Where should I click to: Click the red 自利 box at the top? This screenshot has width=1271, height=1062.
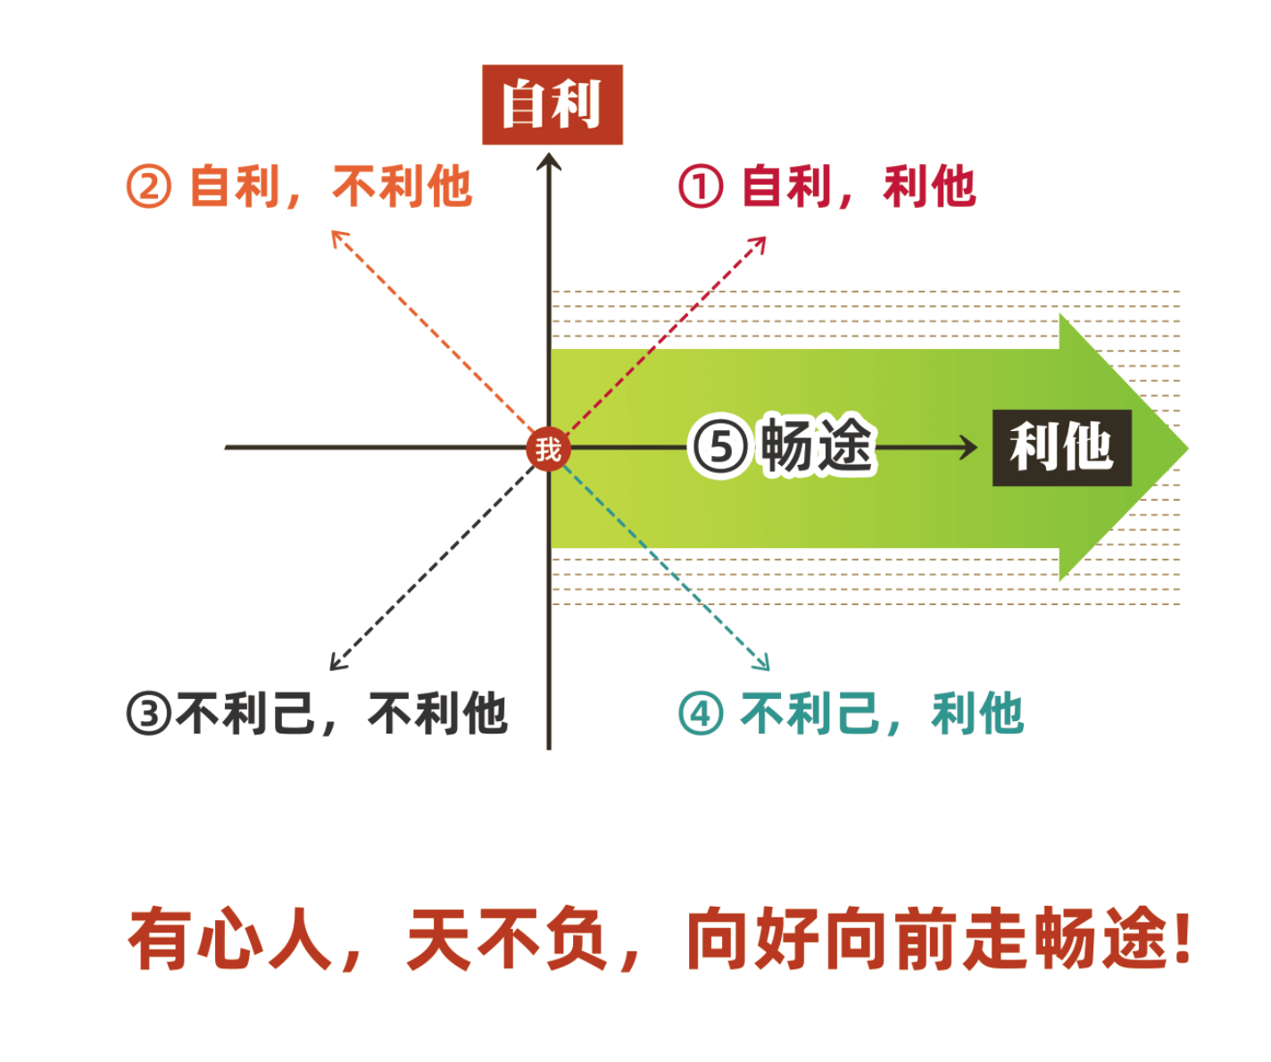click(x=552, y=104)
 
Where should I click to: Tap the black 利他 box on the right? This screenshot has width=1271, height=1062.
click(x=1061, y=448)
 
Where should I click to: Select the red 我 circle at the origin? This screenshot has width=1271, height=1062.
click(x=548, y=449)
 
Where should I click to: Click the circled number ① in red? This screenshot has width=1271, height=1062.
click(x=701, y=187)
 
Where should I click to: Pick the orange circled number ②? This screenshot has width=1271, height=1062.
click(x=148, y=187)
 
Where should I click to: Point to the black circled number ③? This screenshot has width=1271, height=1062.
click(x=148, y=713)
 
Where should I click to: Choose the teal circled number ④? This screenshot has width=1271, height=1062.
click(x=701, y=713)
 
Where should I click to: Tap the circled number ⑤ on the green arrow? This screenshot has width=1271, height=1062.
click(x=720, y=448)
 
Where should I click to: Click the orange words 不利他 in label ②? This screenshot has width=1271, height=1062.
click(x=402, y=187)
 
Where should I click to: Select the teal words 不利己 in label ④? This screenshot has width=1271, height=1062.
click(x=810, y=713)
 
